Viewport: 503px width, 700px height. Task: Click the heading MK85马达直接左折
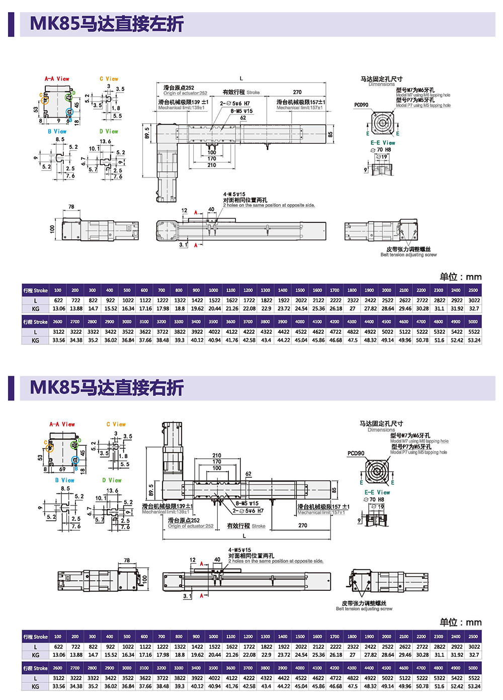pos(107,24)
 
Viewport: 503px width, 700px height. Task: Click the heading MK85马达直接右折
pos(107,388)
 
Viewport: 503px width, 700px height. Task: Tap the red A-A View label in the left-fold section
pos(57,79)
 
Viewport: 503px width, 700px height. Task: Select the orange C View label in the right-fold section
pos(116,424)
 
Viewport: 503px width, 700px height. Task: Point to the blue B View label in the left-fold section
pos(57,132)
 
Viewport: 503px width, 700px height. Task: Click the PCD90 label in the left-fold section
pos(361,105)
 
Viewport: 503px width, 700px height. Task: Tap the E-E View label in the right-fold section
pos(377,492)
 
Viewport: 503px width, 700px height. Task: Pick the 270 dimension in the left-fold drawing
pos(297,92)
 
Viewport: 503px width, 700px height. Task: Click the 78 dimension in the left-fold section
pos(71,207)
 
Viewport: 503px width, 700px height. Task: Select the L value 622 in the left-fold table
pos(58,300)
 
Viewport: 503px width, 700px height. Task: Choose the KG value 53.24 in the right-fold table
pos(474,686)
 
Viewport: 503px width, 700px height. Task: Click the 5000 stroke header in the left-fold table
pos(473,322)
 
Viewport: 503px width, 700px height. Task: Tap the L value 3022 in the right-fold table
pos(474,647)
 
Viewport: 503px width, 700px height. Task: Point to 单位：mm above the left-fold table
pos(460,277)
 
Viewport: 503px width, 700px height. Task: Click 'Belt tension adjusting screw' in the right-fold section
pos(364,609)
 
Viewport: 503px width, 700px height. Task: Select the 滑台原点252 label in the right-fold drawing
pos(184,520)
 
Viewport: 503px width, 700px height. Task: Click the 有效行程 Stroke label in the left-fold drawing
pos(241,93)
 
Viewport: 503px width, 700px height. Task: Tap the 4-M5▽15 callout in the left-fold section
pos(234,194)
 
